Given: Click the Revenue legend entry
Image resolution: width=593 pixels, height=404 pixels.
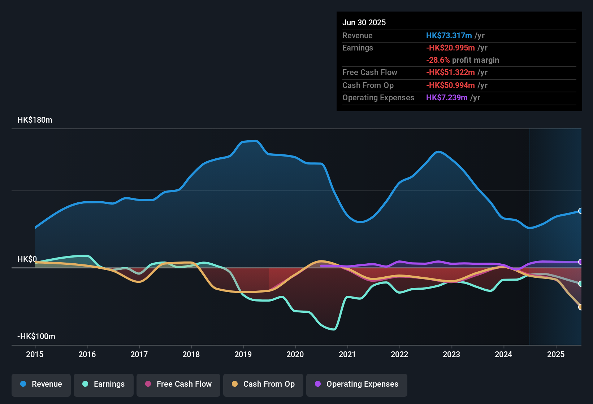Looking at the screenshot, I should pos(41,384).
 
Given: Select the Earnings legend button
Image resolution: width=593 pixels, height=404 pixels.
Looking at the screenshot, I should pos(104,384).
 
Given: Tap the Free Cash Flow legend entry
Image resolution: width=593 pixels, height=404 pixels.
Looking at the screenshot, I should pos(178,384).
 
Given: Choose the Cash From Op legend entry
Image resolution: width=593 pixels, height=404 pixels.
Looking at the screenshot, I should pos(263,384).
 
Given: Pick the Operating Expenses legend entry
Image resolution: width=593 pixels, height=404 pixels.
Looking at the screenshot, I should pos(357,384).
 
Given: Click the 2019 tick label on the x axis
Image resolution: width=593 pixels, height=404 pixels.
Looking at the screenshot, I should pos(243,354).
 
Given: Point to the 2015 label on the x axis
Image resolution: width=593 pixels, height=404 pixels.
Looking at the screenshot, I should pos(35,354).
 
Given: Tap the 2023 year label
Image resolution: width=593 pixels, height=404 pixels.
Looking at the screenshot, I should pos(451,354).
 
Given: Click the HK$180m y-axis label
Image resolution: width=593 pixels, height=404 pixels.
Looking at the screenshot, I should pos(35,120).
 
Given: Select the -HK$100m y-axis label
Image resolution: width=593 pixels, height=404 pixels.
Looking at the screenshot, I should pos(36,337).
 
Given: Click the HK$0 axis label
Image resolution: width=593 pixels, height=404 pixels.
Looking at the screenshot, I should pos(27,259).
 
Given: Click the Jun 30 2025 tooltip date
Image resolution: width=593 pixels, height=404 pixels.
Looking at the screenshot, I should pos(364,23).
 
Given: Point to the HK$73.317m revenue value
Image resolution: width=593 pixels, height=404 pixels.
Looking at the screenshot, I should pos(449,36).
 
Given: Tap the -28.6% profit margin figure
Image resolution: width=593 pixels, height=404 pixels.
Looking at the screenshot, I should pos(438,60).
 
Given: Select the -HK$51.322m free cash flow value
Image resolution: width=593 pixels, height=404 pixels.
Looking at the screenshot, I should pos(450,73).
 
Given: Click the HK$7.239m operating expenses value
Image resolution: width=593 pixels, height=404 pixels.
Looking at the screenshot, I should pos(447,98).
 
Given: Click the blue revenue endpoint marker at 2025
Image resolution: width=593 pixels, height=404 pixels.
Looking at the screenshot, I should pos(580,211).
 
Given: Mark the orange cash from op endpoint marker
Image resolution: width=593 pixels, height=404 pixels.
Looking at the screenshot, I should pos(580,307).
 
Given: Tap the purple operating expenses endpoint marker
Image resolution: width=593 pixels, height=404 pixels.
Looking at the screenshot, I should pos(580,262).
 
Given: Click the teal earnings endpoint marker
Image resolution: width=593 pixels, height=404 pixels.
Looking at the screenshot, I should pos(580,284).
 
